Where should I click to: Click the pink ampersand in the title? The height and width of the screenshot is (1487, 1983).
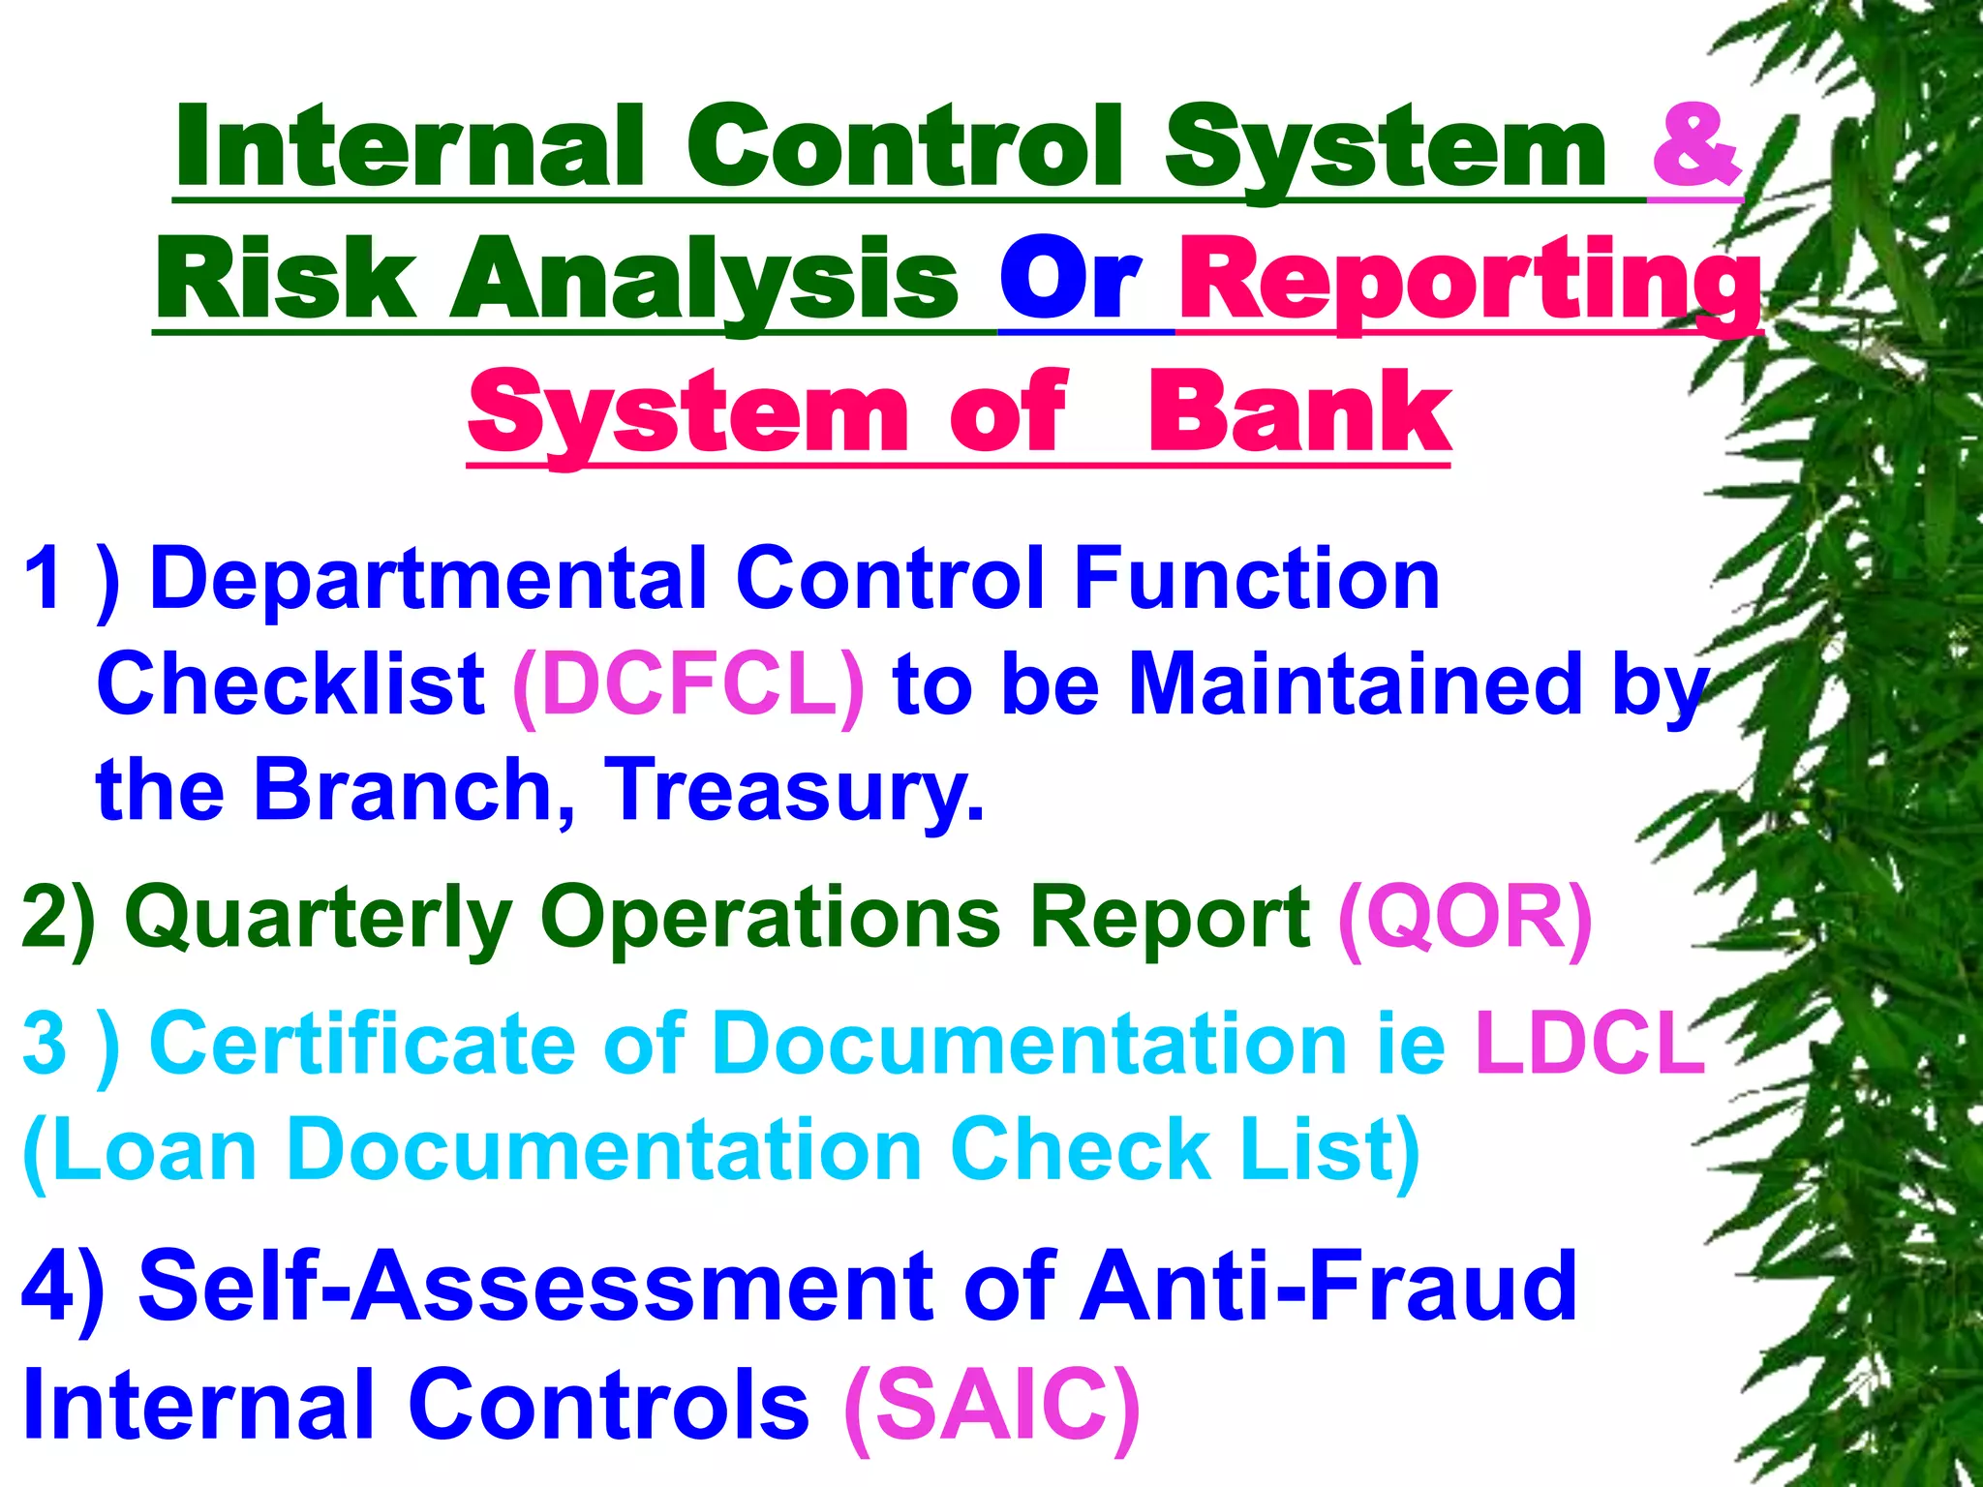1696,147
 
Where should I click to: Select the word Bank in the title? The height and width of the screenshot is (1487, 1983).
1299,413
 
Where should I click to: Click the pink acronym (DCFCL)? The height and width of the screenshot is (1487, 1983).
688,684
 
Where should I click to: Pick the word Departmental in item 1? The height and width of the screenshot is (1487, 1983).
428,580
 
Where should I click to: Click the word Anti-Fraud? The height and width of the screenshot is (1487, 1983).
1328,1286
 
